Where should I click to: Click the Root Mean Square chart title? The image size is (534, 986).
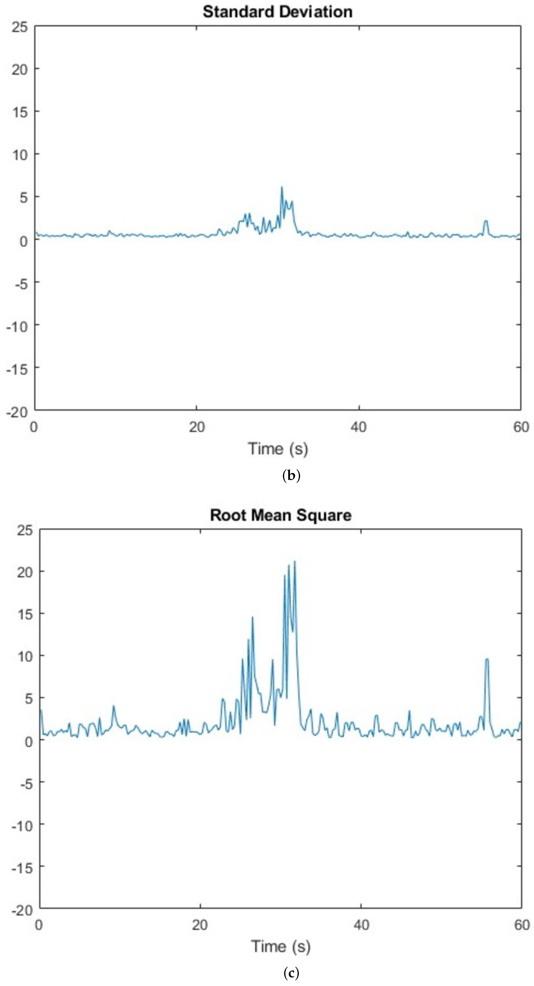(280, 515)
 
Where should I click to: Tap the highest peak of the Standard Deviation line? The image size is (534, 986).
(281, 187)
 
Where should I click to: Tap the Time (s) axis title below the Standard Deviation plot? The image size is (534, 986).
(278, 449)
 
